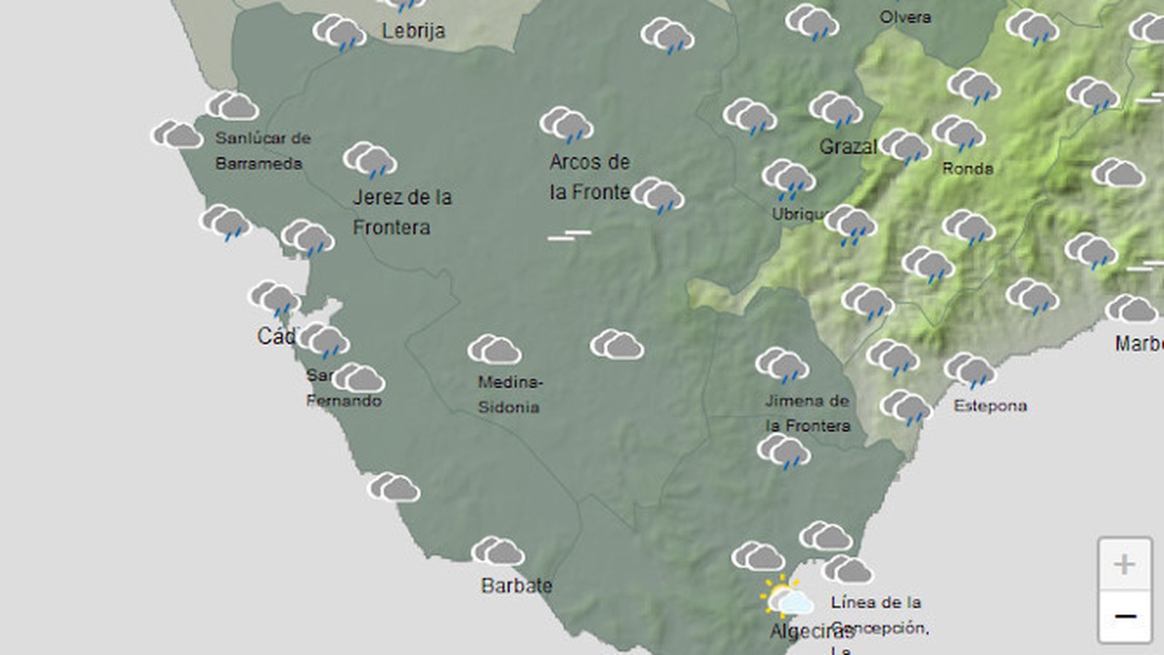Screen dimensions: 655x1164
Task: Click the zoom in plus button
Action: coord(1124,564)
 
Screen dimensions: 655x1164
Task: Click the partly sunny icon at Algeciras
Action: coord(786,598)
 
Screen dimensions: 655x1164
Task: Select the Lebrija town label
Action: coord(413,31)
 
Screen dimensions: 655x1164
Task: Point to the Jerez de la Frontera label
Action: coord(402,212)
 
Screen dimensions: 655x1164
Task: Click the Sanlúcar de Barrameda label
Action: coord(262,151)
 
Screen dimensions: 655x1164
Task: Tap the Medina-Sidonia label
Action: coord(509,394)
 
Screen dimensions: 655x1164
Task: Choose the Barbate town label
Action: coord(517,585)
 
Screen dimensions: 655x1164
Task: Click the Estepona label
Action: coord(990,405)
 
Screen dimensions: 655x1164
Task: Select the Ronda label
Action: coord(967,168)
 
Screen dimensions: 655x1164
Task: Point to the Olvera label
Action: coord(905,17)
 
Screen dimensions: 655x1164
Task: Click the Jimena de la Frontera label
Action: coord(807,413)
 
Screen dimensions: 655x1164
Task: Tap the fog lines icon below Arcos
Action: coord(569,235)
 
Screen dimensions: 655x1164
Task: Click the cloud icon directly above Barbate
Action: coord(498,552)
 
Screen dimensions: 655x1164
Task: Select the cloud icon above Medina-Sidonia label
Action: coord(494,350)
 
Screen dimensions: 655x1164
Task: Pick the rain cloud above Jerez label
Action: coord(370,159)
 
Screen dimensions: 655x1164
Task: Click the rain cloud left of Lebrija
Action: coord(339,33)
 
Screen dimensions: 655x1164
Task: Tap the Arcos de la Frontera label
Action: coord(589,177)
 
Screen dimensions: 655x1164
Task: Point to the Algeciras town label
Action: coord(809,631)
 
